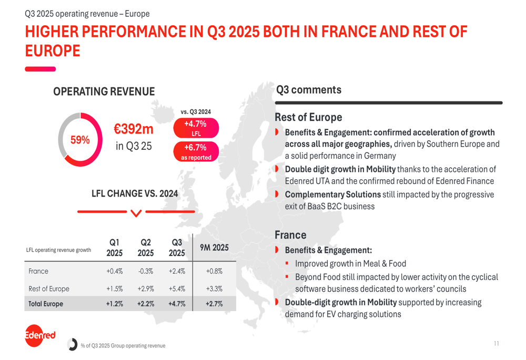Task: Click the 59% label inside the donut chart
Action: (80, 140)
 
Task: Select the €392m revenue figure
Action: (134, 129)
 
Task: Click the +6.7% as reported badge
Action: (195, 152)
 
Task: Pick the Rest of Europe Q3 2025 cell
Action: (176, 289)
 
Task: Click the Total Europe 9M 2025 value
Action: (214, 304)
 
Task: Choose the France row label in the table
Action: (38, 272)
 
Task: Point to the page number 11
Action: (497, 344)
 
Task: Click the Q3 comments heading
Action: (308, 90)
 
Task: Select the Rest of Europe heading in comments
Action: (308, 117)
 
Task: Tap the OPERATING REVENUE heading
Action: (104, 91)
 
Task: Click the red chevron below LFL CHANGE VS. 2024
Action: (136, 212)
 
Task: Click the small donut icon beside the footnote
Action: (73, 345)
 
